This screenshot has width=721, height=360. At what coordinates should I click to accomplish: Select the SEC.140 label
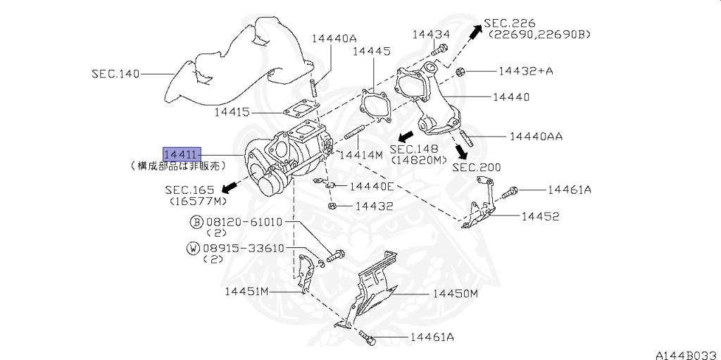tap(115, 73)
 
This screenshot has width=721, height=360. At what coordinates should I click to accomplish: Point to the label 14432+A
tap(526, 71)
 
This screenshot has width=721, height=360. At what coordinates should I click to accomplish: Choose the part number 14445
tap(371, 51)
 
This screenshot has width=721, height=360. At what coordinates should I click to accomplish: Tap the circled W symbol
tap(192, 248)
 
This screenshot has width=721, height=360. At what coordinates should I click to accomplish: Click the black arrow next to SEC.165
tap(227, 187)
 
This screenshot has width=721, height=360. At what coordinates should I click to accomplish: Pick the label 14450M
tap(455, 294)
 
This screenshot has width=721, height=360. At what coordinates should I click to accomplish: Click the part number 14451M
tap(247, 291)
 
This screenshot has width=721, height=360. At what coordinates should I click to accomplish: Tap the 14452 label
tap(540, 216)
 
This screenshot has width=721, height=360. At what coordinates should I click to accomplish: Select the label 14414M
tap(360, 154)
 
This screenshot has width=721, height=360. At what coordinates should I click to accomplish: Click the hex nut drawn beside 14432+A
tap(459, 71)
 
